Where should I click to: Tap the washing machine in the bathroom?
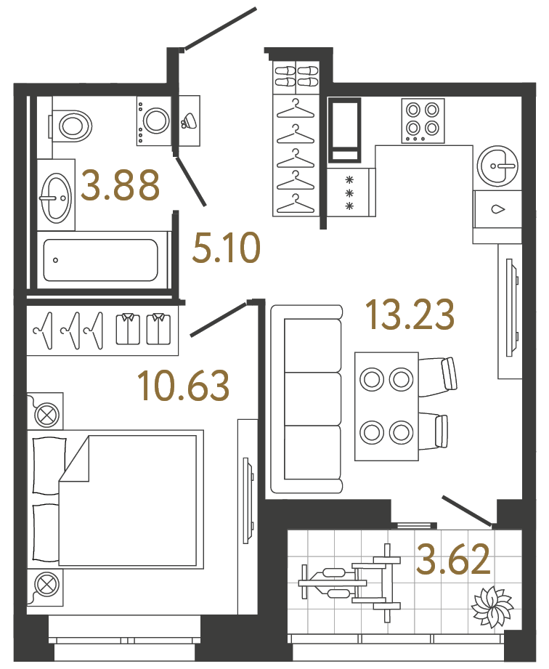click(154, 121)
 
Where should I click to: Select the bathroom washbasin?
click(56, 195)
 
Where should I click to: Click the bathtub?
click(101, 260)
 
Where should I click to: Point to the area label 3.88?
click(121, 185)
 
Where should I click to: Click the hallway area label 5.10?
click(226, 248)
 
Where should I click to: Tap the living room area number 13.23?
click(410, 315)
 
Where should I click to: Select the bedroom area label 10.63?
click(183, 385)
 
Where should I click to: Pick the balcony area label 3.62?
click(453, 559)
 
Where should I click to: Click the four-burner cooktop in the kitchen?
click(423, 121)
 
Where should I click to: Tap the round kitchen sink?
click(498, 166)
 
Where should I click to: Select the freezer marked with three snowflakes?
click(351, 192)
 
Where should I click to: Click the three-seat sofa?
click(306, 400)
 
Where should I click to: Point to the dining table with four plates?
click(386, 406)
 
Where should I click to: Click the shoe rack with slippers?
click(296, 76)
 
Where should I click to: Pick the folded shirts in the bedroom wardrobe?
click(143, 329)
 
